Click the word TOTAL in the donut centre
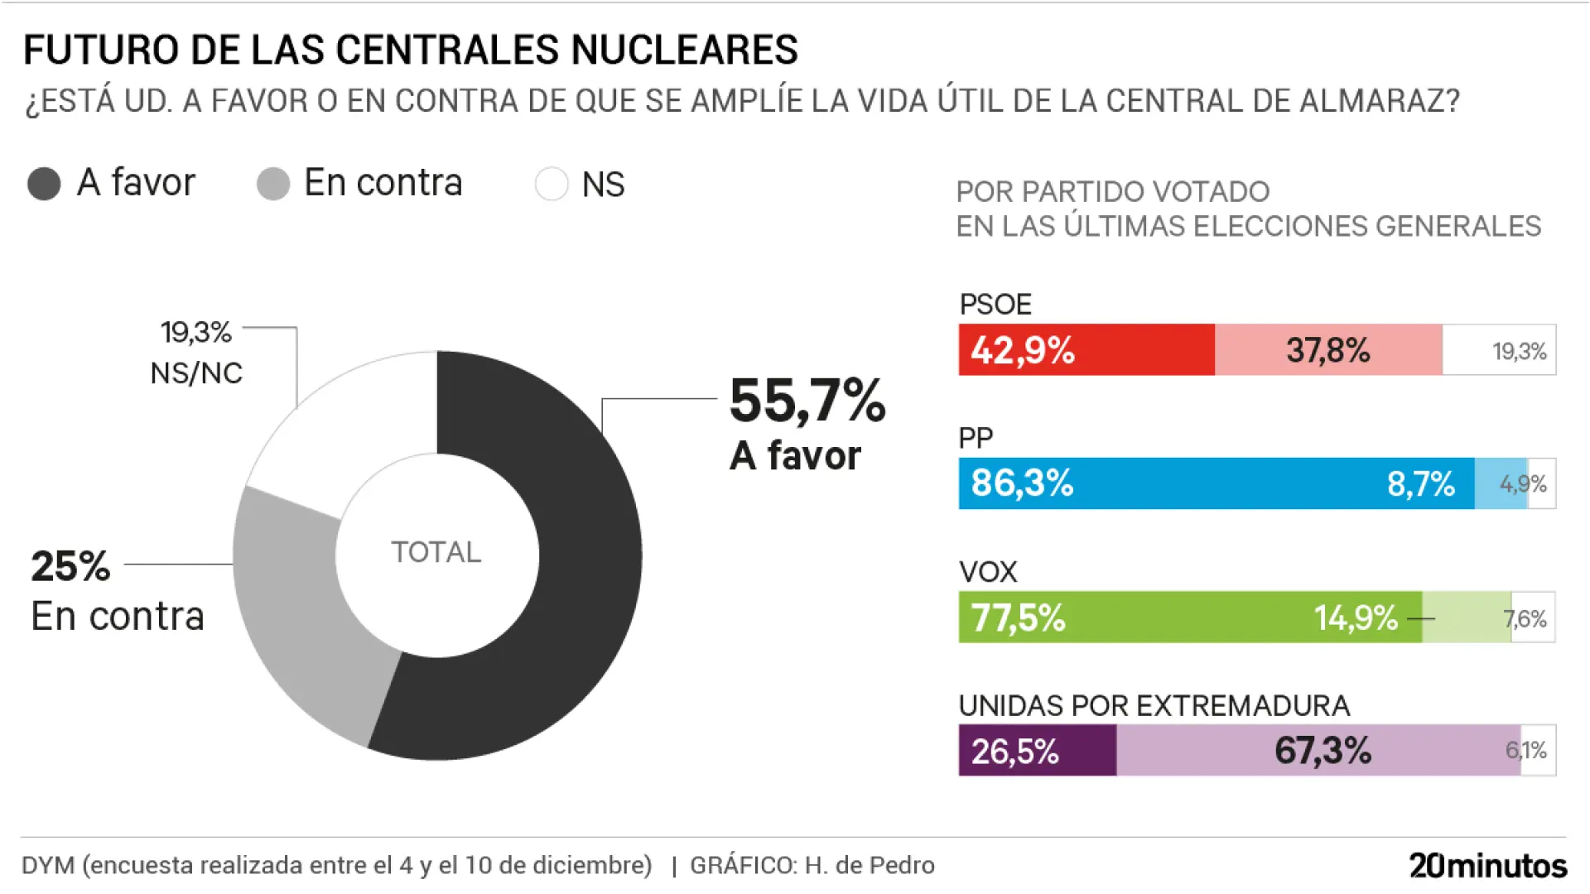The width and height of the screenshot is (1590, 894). click(436, 552)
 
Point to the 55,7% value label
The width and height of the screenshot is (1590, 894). click(807, 401)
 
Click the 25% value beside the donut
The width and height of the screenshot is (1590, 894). click(70, 567)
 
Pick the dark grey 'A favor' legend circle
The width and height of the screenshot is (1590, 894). click(44, 184)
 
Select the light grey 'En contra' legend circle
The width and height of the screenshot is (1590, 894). click(273, 184)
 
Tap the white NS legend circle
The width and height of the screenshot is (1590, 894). click(552, 184)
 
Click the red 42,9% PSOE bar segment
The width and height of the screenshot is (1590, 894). click(1086, 350)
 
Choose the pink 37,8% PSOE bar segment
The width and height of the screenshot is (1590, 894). click(1328, 350)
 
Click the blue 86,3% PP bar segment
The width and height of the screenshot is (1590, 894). click(1216, 483)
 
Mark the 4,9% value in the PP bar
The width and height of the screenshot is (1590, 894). click(1522, 483)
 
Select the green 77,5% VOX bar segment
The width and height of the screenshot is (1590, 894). click(1190, 618)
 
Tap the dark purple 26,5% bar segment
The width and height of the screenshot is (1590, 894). click(1037, 751)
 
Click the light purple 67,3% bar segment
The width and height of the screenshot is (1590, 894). click(1318, 751)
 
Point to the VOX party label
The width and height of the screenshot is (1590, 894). click(987, 572)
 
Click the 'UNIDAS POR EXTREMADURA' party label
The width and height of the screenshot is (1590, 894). click(1154, 706)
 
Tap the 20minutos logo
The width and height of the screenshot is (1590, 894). click(1488, 866)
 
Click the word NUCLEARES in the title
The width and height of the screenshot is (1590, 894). click(685, 50)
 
